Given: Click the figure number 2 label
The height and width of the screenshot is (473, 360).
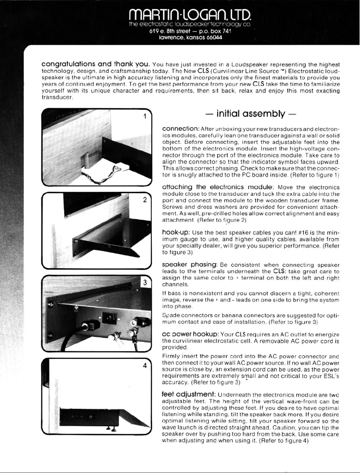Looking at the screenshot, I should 145,200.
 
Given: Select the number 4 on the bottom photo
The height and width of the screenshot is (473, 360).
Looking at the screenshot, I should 145,365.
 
